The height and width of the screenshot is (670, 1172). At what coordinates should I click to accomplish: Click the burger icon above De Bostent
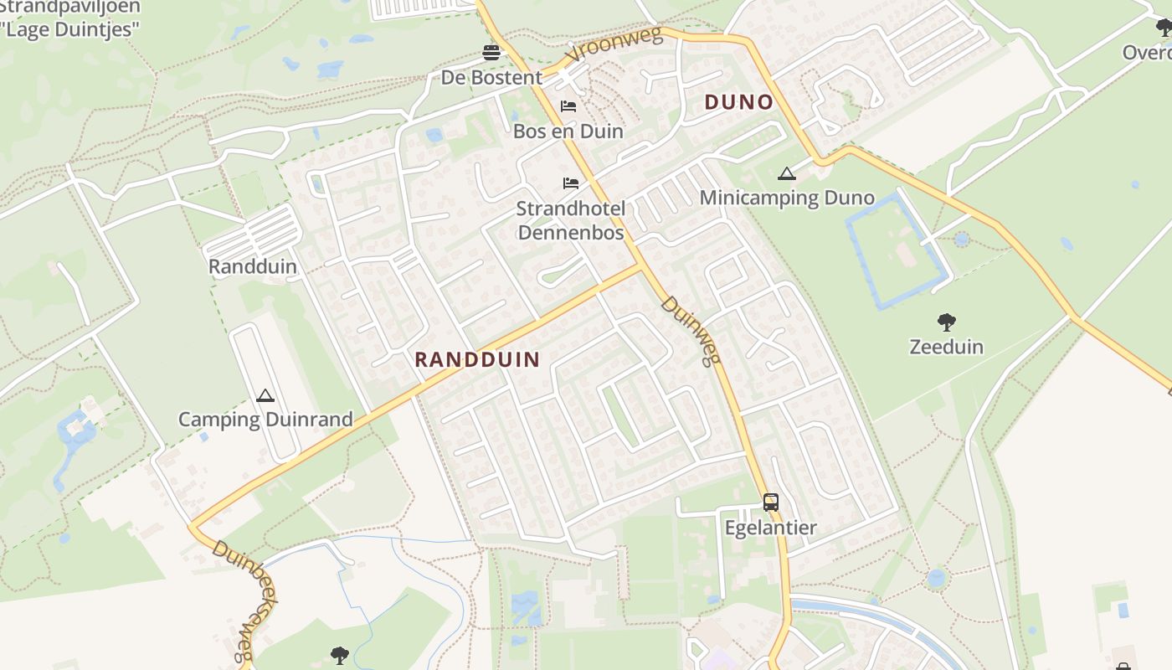(491, 54)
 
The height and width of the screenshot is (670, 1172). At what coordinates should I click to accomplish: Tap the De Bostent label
(491, 78)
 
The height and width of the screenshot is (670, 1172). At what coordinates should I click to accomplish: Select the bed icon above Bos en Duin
(568, 106)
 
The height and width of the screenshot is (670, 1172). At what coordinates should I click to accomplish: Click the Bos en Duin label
(568, 131)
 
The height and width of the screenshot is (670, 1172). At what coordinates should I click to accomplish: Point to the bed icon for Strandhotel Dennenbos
(571, 183)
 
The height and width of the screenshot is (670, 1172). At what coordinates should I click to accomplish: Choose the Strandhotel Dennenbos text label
(571, 220)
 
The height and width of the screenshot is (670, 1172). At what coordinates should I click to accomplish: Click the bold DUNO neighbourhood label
(738, 102)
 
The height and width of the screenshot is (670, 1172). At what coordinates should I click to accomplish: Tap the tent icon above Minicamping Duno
(785, 174)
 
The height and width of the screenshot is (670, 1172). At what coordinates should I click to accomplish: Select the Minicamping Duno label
(786, 198)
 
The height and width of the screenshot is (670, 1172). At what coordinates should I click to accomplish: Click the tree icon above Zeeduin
(947, 322)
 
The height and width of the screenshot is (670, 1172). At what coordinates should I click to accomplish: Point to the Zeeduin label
(946, 347)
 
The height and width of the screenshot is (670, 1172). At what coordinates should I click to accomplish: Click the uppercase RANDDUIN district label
(477, 359)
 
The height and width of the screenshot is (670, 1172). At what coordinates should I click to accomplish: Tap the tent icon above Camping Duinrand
(265, 395)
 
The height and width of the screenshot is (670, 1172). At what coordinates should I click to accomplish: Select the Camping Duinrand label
(265, 420)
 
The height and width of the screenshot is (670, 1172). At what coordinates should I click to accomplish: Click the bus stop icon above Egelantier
(770, 502)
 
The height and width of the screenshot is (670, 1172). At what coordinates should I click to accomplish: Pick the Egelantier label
(770, 528)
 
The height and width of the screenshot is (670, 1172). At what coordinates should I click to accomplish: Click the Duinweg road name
(691, 330)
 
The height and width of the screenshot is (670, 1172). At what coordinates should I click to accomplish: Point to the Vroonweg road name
(613, 44)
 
